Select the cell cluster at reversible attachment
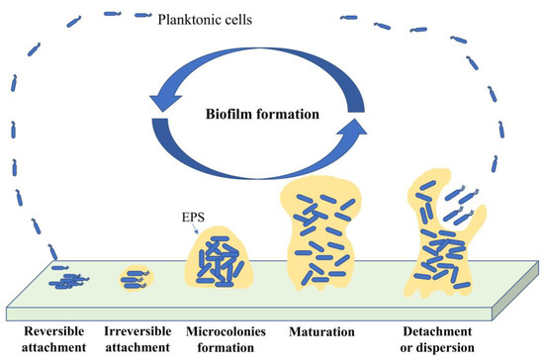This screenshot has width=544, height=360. point(66,281)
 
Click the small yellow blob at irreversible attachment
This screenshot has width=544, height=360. point(136,278)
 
